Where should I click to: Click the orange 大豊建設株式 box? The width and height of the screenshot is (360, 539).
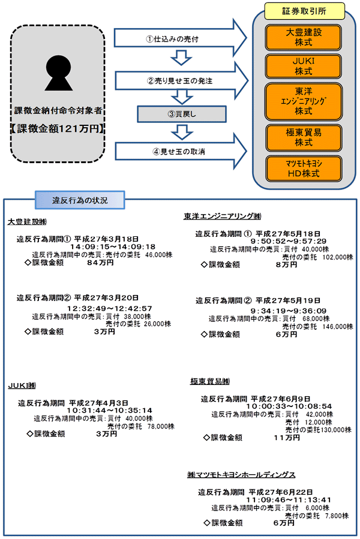click(304, 38)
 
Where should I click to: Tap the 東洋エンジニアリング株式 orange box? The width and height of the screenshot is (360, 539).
click(304, 100)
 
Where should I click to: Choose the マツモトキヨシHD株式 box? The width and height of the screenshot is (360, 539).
click(304, 168)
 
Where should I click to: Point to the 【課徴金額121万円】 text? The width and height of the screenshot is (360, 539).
click(58, 129)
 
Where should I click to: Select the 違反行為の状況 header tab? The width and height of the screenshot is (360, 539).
click(80, 200)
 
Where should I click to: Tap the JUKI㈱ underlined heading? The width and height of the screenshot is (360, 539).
click(23, 385)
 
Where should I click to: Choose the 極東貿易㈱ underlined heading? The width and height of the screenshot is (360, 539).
click(210, 381)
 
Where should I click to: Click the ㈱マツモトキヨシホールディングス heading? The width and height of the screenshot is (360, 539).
click(241, 475)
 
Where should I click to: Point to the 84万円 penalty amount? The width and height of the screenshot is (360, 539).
click(101, 262)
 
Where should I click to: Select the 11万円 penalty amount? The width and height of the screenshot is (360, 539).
click(286, 438)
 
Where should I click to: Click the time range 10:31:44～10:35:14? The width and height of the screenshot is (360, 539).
click(113, 411)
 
